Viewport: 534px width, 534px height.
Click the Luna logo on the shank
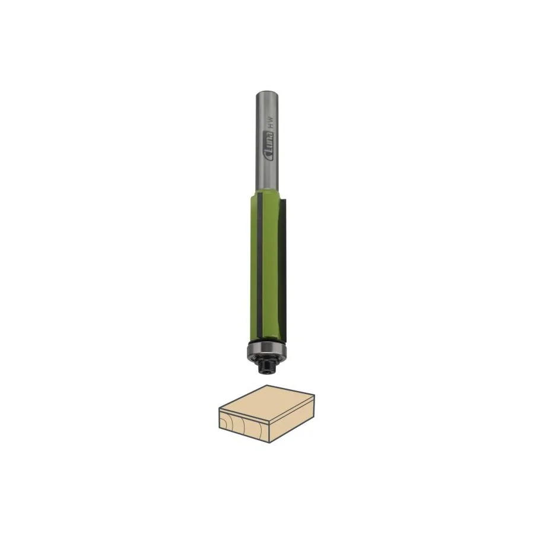pos(270,146)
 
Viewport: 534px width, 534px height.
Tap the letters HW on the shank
pos(271,122)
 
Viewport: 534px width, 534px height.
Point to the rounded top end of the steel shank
pos(268,93)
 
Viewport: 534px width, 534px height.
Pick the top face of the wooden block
pos(266,404)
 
